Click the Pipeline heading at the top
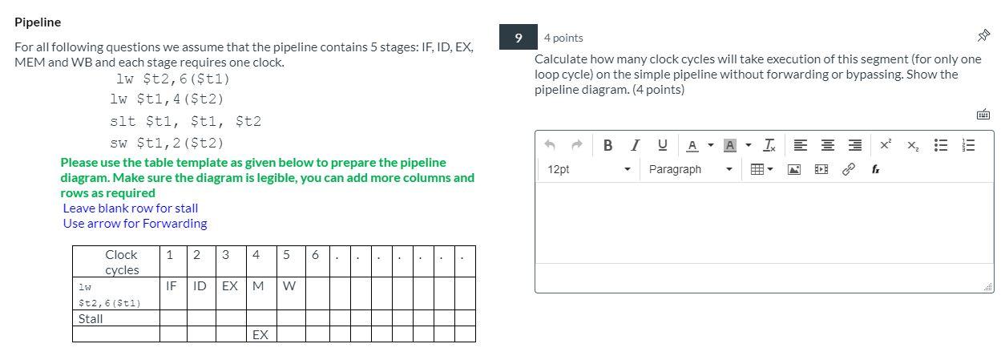tap(38, 22)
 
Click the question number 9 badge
tap(518, 38)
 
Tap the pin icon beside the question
tap(983, 36)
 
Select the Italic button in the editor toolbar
tap(635, 145)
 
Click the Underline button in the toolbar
tap(662, 145)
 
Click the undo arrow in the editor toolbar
tap(550, 145)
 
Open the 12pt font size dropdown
tap(590, 169)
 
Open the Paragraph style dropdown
tap(690, 169)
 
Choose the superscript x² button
tap(885, 145)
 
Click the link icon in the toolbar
tap(848, 169)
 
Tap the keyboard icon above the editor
tap(983, 115)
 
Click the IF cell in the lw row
tap(172, 285)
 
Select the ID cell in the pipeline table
tap(200, 285)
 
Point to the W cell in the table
tap(289, 285)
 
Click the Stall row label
tap(91, 318)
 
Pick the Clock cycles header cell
tap(121, 262)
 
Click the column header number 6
tap(315, 255)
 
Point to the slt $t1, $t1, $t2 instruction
tap(185, 122)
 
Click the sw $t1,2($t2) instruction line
tap(167, 144)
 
